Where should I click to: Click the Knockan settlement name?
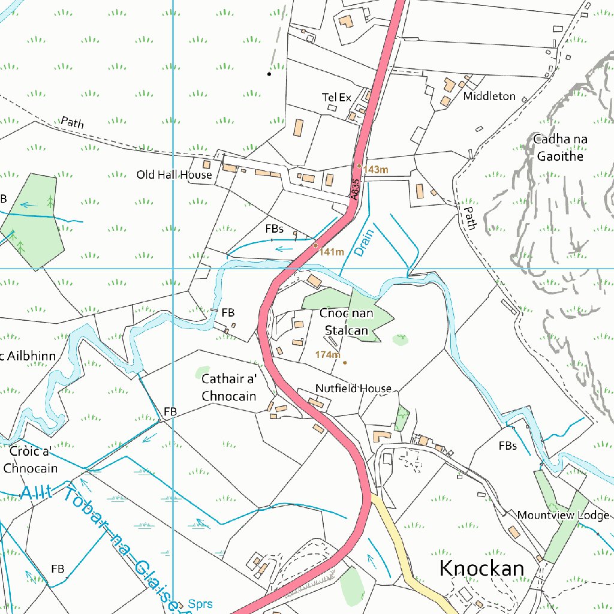coord(481,568)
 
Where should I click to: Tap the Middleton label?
coord(489,96)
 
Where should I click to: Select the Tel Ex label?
coord(336,97)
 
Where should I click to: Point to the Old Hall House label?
coord(174,174)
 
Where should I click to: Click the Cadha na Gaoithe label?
coord(560,148)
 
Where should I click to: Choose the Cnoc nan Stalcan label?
coord(346,322)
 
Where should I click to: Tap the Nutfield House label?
coord(353,389)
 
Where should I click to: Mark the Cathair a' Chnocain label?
coord(228,387)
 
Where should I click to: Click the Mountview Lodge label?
coord(563,515)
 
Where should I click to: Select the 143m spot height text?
coord(376,170)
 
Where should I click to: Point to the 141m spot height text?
coord(331,252)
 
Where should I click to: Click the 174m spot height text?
coord(327,354)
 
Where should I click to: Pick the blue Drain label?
coord(363,243)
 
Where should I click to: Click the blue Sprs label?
coord(200,604)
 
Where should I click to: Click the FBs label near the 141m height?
coord(274,228)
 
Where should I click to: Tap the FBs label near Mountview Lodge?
coord(507,446)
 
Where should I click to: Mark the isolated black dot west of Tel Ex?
coord(269,74)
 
